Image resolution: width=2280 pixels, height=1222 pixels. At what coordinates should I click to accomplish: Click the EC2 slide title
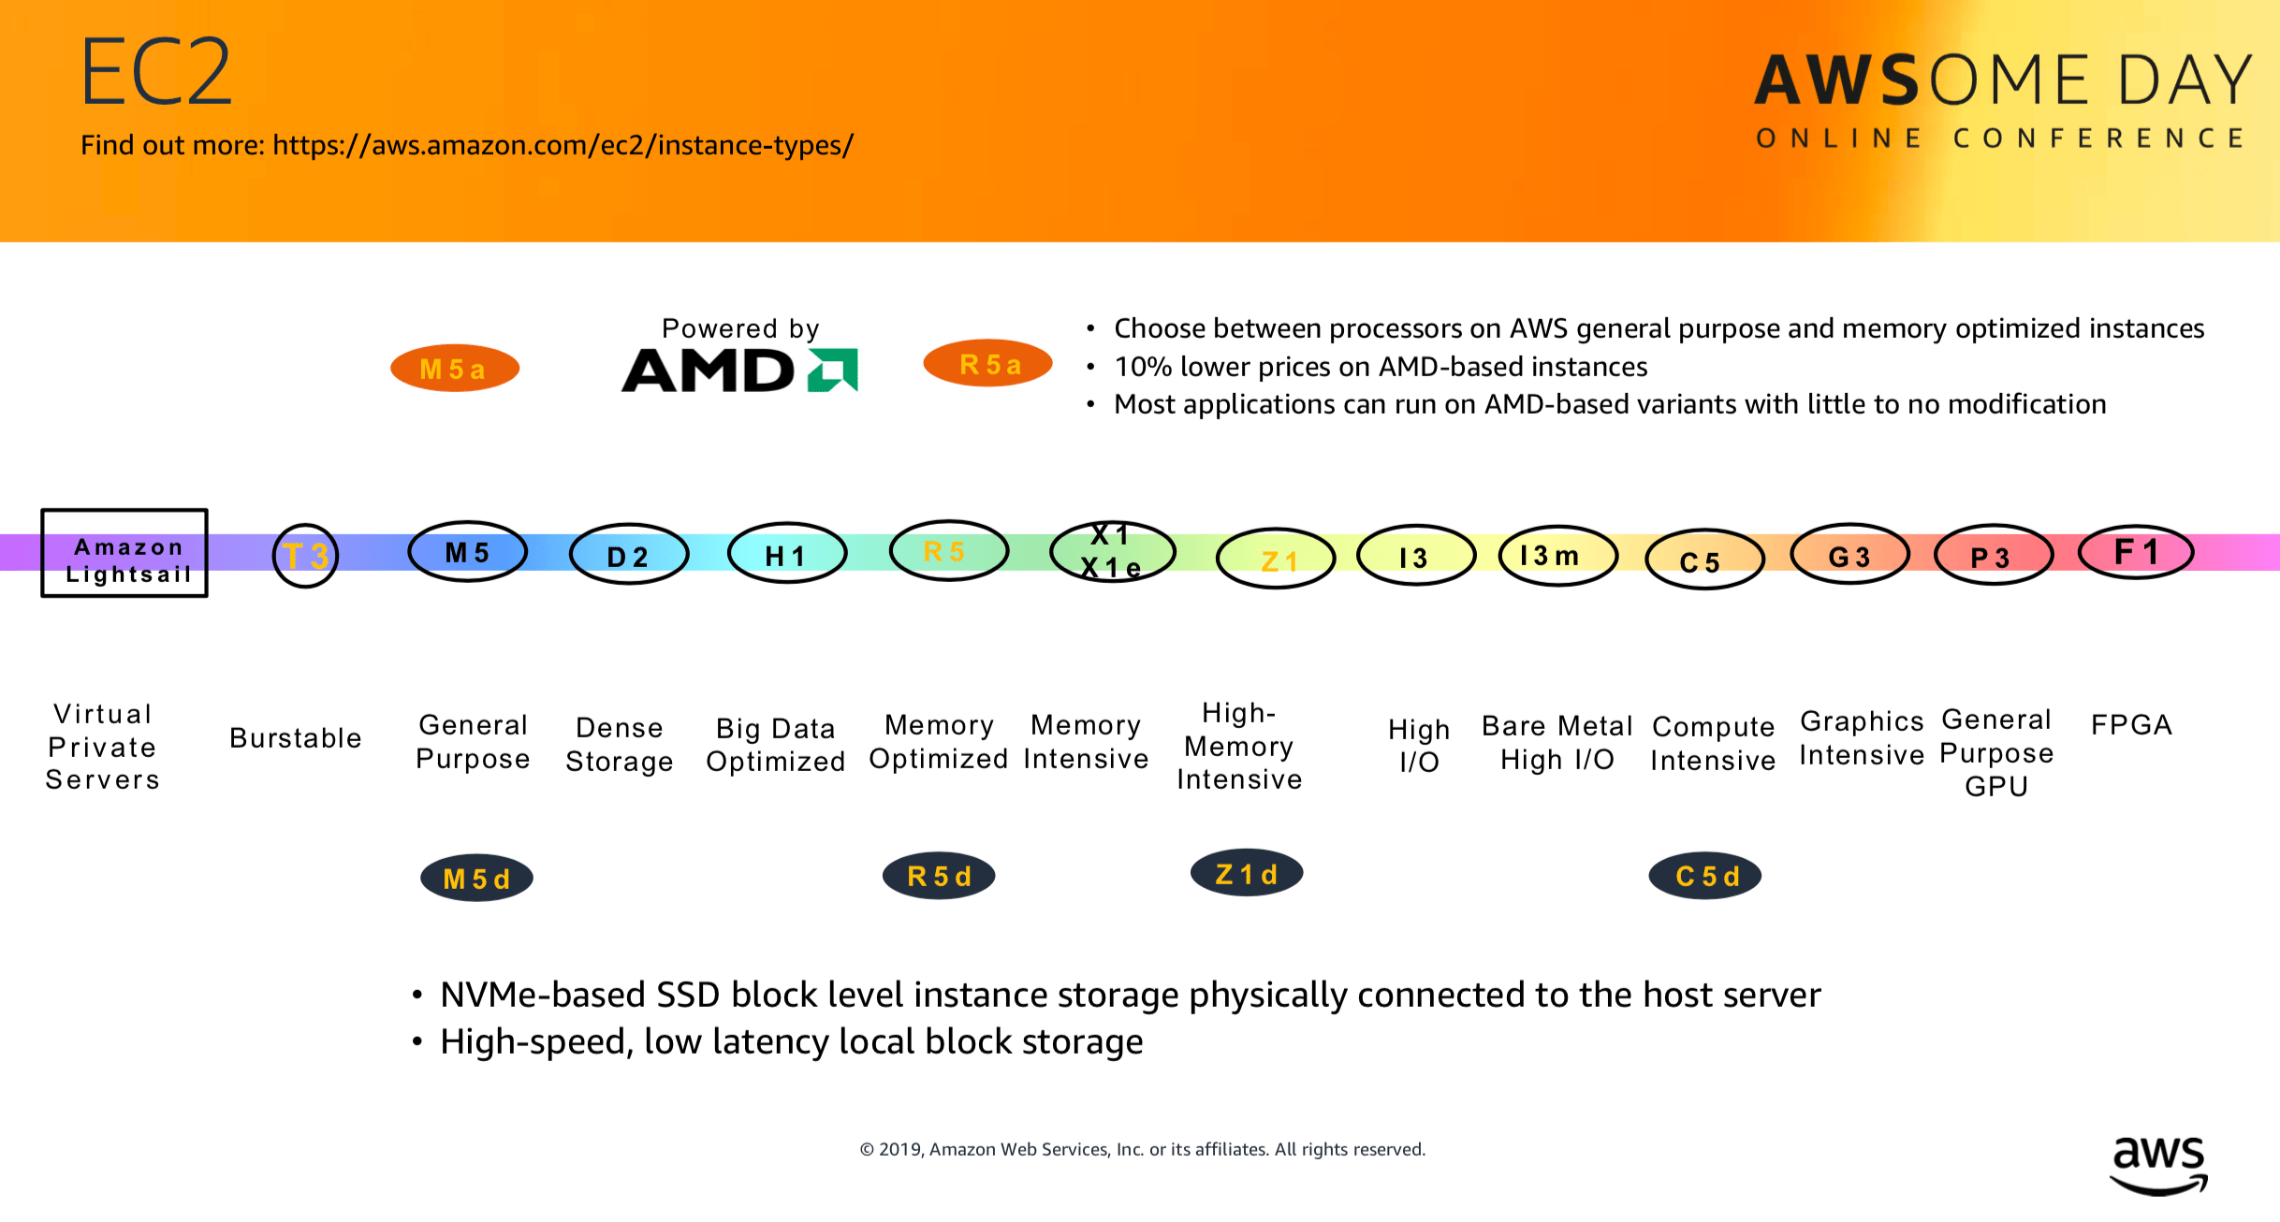pos(155,72)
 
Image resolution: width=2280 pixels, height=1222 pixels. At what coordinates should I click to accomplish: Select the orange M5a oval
pos(454,369)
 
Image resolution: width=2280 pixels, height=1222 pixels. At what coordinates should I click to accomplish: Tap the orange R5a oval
pos(987,364)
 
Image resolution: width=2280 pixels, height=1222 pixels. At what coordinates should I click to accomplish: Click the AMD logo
pos(739,371)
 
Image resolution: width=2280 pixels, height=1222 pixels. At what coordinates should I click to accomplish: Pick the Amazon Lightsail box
pos(124,553)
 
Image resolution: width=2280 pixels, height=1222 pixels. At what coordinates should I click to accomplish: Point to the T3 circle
pos(305,556)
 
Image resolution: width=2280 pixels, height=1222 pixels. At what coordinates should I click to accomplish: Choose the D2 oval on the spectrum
pos(628,555)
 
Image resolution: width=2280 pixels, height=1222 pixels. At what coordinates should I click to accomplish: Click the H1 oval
pos(786,554)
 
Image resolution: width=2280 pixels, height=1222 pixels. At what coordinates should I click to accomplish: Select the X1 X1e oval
pos(1112,552)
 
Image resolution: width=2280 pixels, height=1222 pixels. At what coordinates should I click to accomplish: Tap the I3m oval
pos(1557,556)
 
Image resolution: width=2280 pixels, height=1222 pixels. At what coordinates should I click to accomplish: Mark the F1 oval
pos(2135,552)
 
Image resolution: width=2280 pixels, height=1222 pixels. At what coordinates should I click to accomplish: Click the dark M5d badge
pos(476,879)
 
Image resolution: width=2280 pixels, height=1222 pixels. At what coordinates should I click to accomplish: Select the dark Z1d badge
pos(1246,874)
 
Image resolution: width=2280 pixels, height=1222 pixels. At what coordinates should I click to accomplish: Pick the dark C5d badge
pos(1704,877)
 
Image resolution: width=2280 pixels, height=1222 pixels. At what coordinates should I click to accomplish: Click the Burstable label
pos(296,738)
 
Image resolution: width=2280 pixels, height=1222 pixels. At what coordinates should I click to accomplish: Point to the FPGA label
pos(2131,725)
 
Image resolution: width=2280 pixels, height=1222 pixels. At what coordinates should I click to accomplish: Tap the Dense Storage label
pos(619,745)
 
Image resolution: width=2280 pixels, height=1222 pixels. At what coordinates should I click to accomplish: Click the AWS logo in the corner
pos(2158,1165)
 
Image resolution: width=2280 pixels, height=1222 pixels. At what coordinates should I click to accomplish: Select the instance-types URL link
pos(563,145)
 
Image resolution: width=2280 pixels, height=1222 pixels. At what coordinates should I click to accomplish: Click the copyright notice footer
pos(1142,1149)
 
